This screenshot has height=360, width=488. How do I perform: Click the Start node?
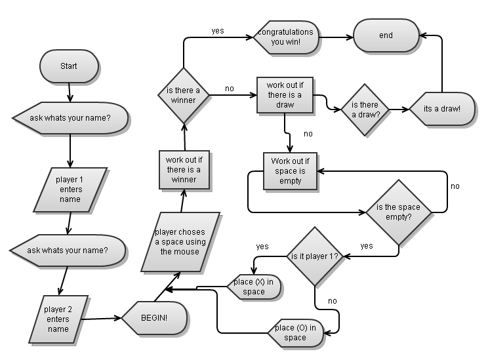[x=69, y=66]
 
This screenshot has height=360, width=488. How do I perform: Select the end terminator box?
[x=386, y=35]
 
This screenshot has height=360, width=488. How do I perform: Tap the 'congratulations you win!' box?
[x=285, y=37]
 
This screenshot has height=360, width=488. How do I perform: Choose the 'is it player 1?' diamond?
[x=315, y=256]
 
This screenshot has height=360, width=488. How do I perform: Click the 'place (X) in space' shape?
[x=254, y=287]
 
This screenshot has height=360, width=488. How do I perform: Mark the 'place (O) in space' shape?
[x=296, y=332]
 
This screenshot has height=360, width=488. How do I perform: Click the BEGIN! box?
[x=154, y=318]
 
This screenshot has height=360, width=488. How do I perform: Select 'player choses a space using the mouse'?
[x=179, y=242]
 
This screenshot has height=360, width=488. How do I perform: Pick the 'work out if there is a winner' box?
[x=184, y=169]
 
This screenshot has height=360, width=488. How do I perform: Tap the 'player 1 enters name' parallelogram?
[x=69, y=190]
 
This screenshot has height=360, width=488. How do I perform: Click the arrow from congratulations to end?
[x=337, y=37]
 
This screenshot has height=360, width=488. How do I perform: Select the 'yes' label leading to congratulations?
[x=218, y=30]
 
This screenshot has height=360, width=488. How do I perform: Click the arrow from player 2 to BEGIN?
[x=102, y=319]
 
